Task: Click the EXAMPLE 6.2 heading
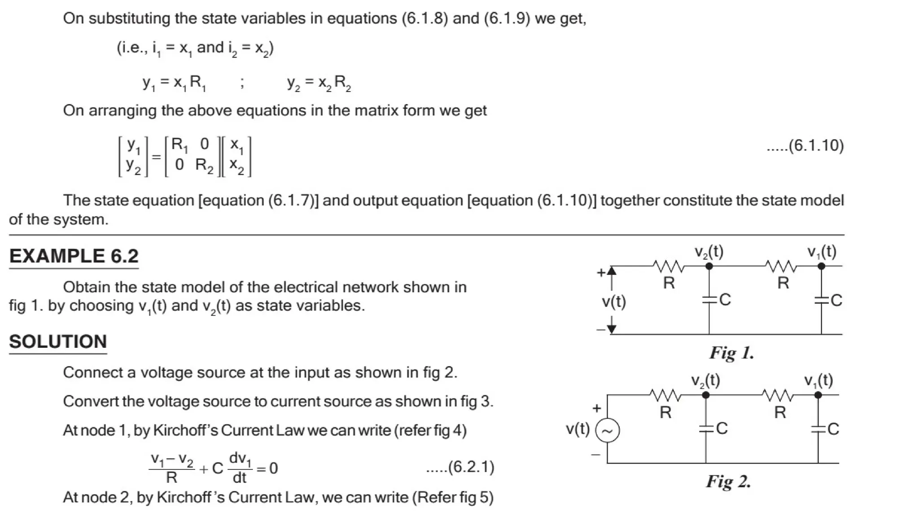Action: coord(74,256)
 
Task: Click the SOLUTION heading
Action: coord(58,342)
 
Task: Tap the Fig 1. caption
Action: coord(731,353)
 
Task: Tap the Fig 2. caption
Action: coord(728,482)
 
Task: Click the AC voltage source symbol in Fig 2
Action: coord(607,430)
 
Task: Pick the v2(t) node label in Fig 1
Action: coord(709,252)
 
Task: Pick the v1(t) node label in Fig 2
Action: coord(818,381)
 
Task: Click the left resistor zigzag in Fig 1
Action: coord(669,267)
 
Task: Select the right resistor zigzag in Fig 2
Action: coord(778,396)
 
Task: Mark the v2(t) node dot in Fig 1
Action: coord(709,266)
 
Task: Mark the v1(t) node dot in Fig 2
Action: coord(818,395)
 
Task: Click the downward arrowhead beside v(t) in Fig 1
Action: coord(611,329)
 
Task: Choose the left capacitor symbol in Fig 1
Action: coord(709,299)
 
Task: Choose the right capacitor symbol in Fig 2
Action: coord(818,429)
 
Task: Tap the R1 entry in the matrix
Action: coord(180,145)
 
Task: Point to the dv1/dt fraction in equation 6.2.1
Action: coord(240,468)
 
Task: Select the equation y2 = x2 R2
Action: coord(319,83)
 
